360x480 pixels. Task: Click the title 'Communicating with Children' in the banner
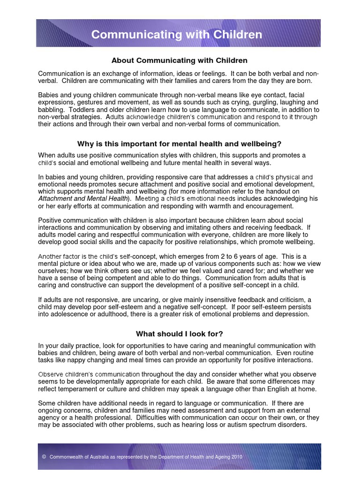point(177,35)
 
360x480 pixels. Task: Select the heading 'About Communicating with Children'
point(179,60)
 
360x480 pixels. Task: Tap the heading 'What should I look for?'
point(179,334)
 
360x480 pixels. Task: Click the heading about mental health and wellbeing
point(179,143)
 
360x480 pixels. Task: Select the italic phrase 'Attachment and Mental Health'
point(82,198)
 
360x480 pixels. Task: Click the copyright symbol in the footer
point(44,457)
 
